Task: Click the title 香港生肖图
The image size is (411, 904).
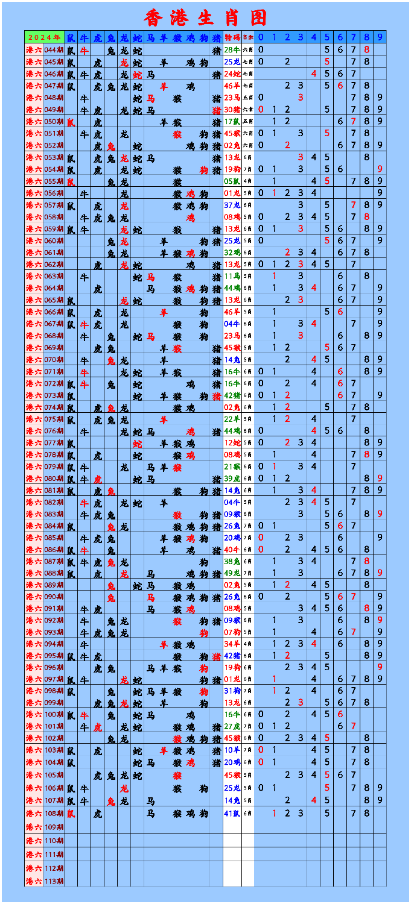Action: click(205, 17)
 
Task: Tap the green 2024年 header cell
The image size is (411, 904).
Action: click(44, 37)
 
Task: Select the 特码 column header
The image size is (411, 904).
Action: click(232, 37)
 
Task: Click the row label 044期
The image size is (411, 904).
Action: click(54, 49)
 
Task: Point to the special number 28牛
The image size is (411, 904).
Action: click(232, 49)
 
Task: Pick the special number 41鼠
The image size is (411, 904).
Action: click(232, 814)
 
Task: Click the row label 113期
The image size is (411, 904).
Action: click(54, 881)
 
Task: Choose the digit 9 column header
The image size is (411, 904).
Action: click(380, 37)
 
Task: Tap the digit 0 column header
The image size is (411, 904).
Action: click(261, 37)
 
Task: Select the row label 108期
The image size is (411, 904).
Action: click(54, 814)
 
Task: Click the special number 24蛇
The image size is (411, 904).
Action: click(232, 74)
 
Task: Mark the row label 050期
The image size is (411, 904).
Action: click(54, 122)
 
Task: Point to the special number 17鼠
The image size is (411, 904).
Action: click(232, 122)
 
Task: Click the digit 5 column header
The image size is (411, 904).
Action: click(327, 37)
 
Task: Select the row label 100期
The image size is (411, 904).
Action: click(54, 714)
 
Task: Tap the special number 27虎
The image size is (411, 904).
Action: click(232, 726)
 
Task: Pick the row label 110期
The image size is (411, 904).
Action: click(54, 840)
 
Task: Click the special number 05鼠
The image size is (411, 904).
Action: click(232, 181)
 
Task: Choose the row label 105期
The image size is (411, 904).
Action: click(54, 775)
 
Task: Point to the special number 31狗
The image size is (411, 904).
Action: click(232, 691)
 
